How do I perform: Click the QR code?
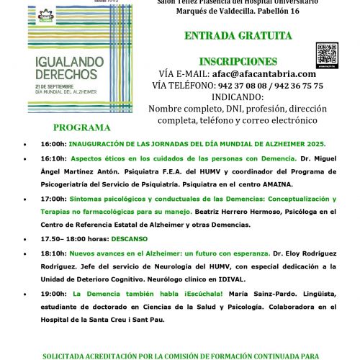(x=327, y=55)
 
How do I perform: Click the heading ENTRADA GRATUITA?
(x=238, y=35)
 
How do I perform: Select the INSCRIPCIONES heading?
(x=238, y=61)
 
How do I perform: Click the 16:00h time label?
(x=53, y=144)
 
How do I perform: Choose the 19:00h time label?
(x=53, y=294)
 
